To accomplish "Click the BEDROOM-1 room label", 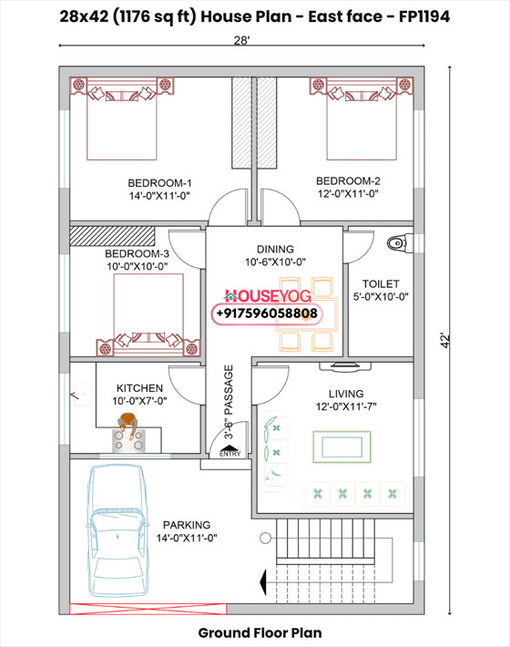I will coord(158,181).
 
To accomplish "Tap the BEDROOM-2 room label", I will coord(347,180).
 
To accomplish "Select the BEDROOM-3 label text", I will coord(137,253).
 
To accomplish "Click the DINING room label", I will coord(274,249).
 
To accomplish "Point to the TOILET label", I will coord(380,283).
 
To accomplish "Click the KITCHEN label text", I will coord(139,388).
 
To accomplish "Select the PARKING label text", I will coord(187,525).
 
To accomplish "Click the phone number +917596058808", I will coord(267,313).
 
